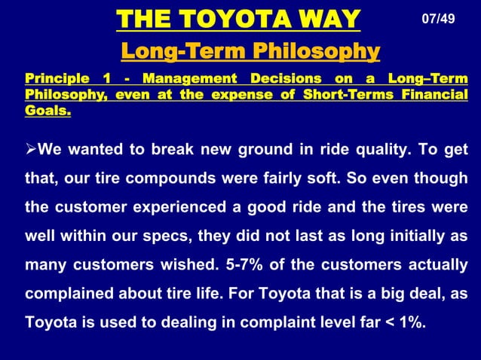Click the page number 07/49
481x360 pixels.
438,18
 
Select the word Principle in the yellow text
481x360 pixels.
54,79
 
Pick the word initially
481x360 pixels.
421,235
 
